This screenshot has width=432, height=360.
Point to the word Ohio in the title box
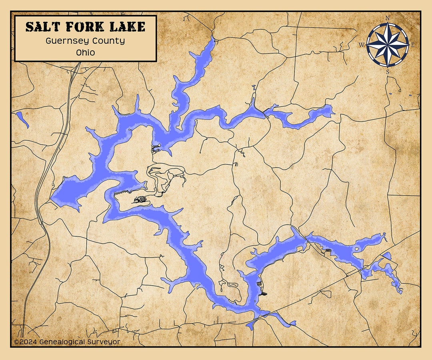[x=85, y=52]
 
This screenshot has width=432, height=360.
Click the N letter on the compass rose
[x=387, y=18]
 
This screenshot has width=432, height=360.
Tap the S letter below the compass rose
[x=387, y=72]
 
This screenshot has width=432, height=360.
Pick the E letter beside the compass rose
[x=413, y=45]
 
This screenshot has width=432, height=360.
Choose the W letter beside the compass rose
[x=361, y=45]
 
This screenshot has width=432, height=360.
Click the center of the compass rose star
[x=387, y=45]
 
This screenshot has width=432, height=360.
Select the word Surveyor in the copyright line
[x=103, y=342]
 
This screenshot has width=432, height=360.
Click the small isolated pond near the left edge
[x=22, y=119]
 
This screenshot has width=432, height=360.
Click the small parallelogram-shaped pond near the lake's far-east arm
[x=387, y=256]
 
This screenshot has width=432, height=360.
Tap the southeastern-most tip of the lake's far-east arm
[x=400, y=292]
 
